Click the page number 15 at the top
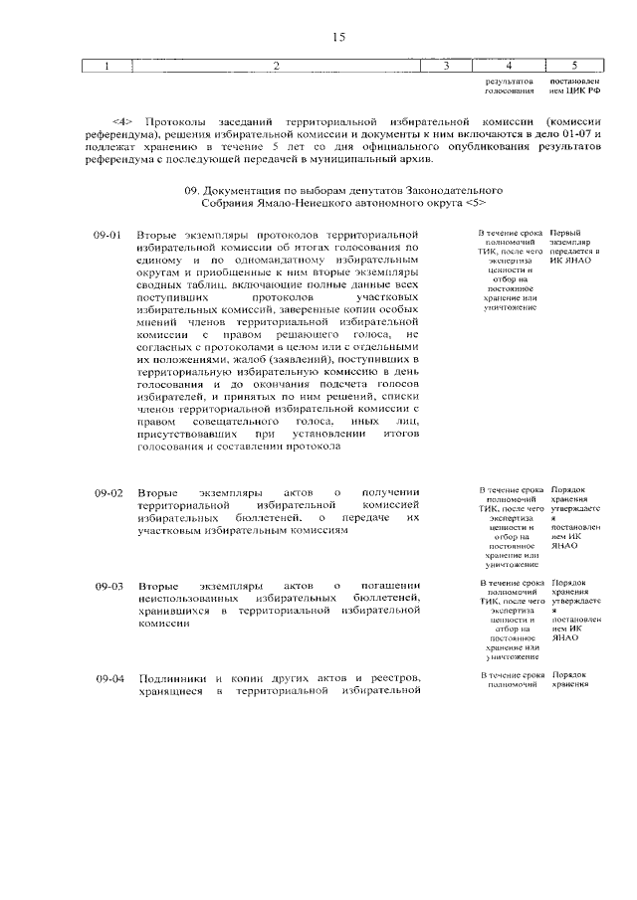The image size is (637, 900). (x=338, y=37)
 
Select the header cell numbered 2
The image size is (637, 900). (x=278, y=67)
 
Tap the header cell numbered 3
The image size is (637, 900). (x=447, y=67)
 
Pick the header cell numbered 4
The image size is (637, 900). (x=510, y=67)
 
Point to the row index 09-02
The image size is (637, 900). (x=108, y=493)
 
